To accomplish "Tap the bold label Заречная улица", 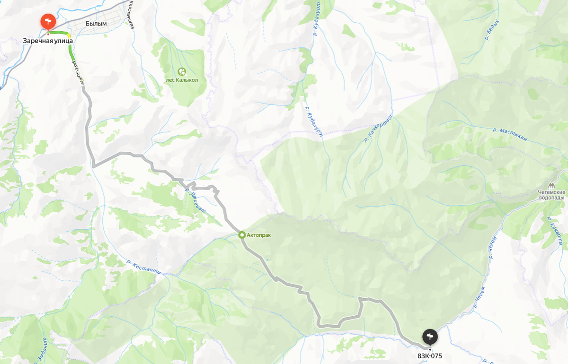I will coord(48,41).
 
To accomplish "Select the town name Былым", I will coord(96,23).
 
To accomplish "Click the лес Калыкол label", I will coord(182,80).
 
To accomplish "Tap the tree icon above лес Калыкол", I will coord(182,71).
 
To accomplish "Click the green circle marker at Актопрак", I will coord(242,234).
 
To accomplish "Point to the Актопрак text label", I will coord(258,235).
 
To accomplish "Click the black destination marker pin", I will coord(430,337).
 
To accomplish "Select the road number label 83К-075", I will coord(429,355).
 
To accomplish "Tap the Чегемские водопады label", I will coord(551,195).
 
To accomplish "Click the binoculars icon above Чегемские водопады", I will coord(551,186).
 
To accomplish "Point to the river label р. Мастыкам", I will coord(510,134).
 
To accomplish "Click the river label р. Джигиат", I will coord(195,200).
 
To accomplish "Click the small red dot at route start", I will coord(48,34).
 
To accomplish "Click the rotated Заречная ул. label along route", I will coord(78,72).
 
